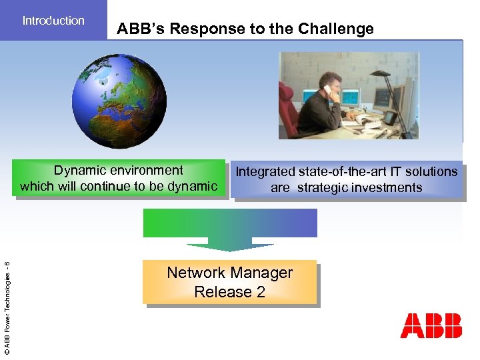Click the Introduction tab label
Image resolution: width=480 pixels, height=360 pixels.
(x=53, y=21)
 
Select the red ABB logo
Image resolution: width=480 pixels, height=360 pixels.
(x=431, y=325)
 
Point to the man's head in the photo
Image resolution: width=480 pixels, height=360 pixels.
(x=333, y=85)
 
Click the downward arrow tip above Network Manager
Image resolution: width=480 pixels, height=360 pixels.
(x=230, y=249)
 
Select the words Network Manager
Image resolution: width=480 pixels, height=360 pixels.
(x=229, y=273)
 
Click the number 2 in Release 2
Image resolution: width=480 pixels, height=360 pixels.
(x=261, y=292)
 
